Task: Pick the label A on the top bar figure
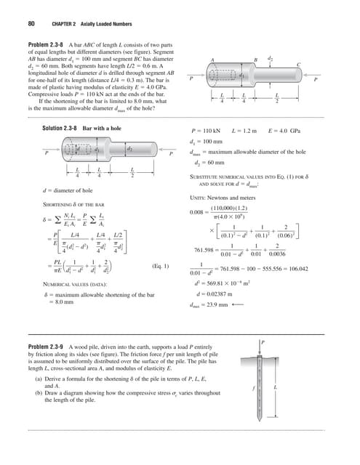(x=211, y=60)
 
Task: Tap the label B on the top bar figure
(x=255, y=60)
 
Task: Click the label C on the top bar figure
(x=298, y=65)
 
